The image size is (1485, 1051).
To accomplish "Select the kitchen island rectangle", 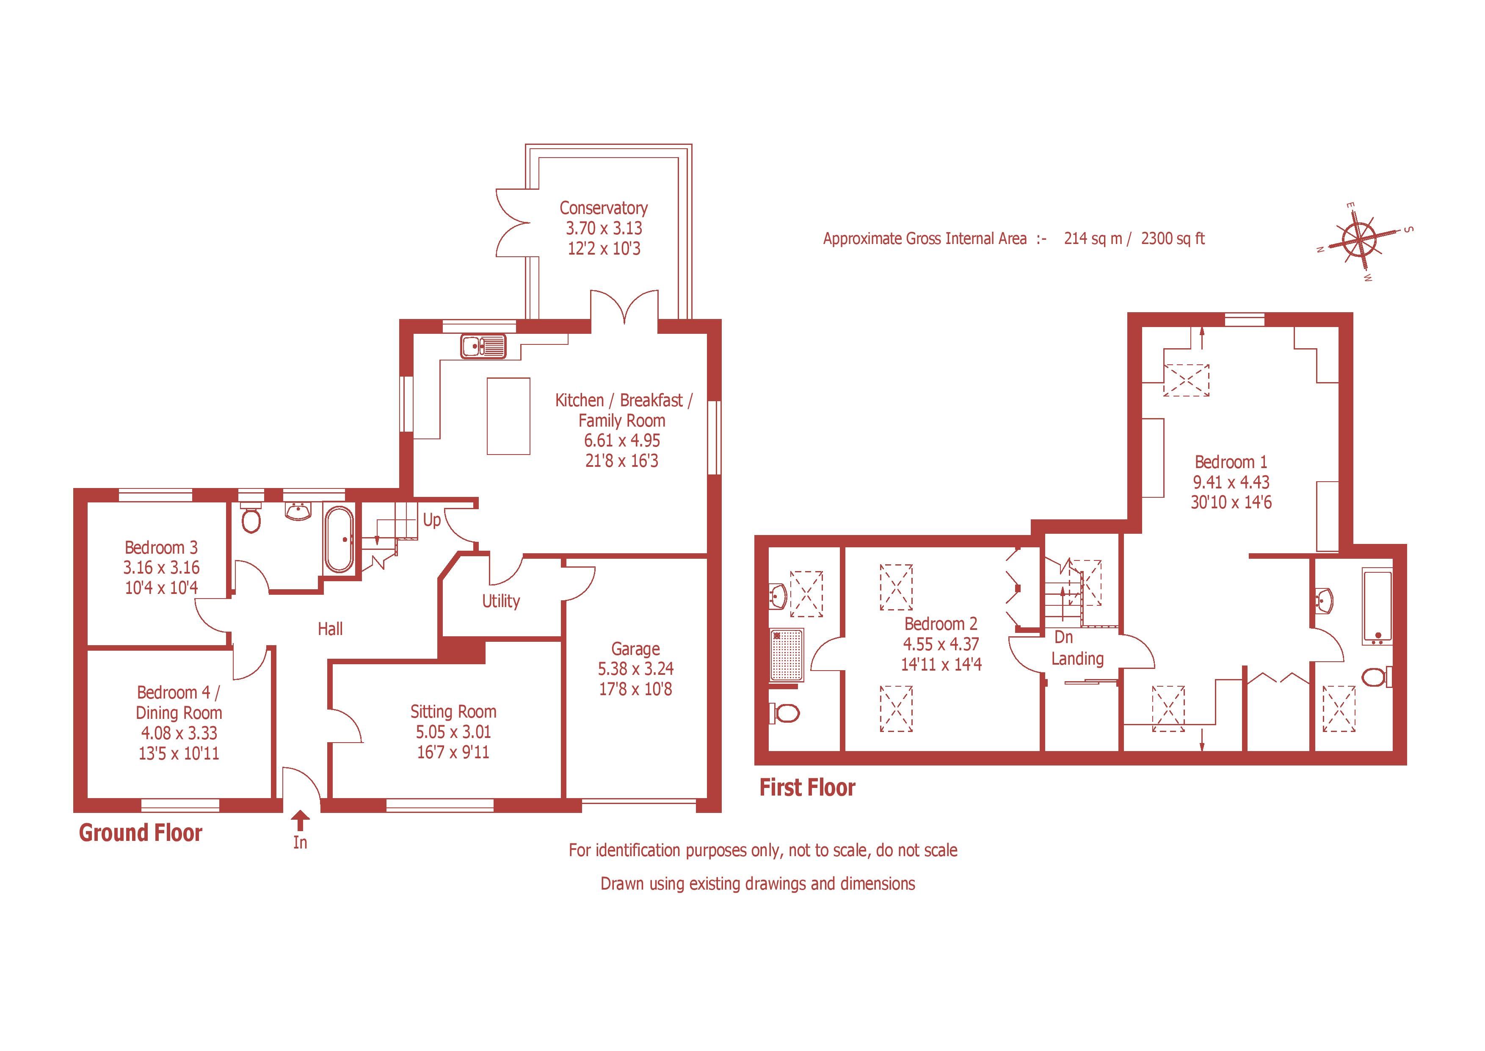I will [x=508, y=416].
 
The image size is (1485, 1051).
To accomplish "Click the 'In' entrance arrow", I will [x=299, y=822].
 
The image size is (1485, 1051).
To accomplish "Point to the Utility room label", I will [x=501, y=601].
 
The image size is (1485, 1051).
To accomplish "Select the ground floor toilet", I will [x=251, y=519].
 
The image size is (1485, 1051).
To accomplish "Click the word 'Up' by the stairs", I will [x=431, y=520].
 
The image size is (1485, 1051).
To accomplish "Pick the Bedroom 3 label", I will [x=161, y=547].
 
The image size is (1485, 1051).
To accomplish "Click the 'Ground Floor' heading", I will [x=141, y=833].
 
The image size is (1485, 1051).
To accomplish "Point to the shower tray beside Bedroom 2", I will [x=787, y=655].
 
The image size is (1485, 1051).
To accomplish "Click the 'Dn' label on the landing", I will [x=1064, y=638].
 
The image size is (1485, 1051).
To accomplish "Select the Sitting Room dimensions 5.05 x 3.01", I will [x=453, y=732].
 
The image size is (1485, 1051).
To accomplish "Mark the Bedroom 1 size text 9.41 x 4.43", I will [x=1231, y=482].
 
